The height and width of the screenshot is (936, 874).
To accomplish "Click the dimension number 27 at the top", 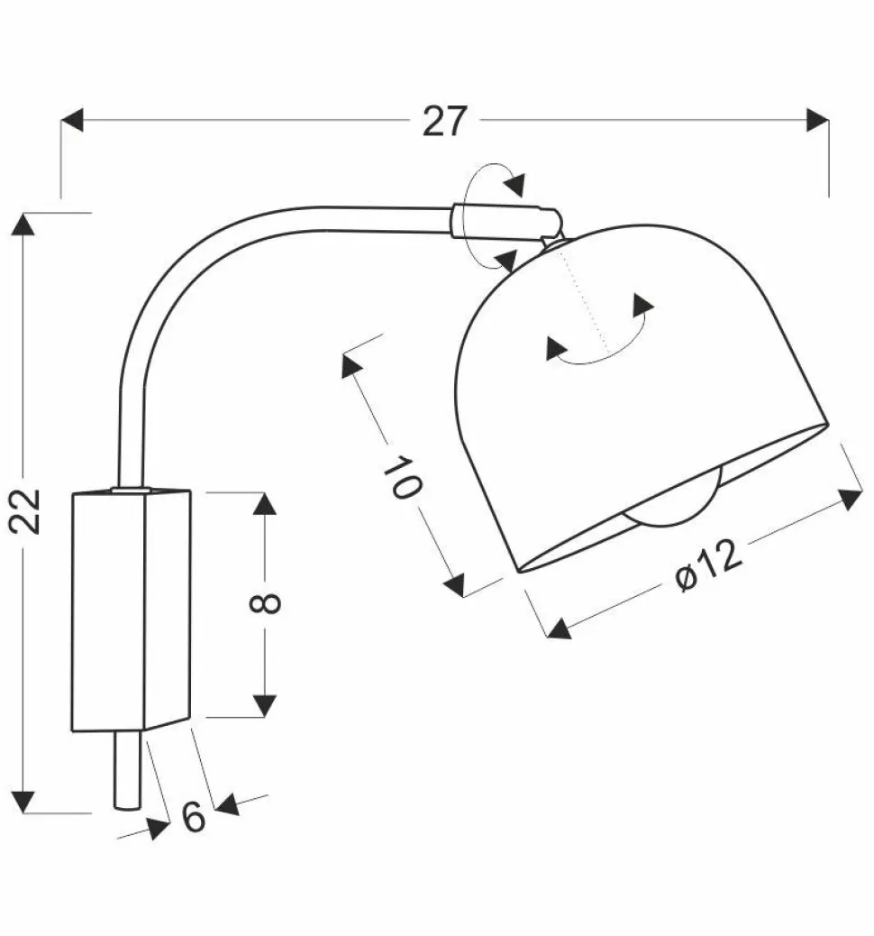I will point(445,121).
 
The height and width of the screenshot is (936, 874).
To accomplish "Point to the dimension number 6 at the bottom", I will point(194,816).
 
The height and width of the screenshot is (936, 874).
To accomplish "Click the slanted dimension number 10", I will point(402,477).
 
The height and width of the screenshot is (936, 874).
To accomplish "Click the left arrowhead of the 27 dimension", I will point(71,119).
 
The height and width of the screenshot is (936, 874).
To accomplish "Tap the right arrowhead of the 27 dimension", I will point(817,119).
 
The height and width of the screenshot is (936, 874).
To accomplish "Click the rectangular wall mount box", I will point(131,609).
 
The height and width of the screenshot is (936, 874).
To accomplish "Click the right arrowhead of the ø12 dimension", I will point(851,499).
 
